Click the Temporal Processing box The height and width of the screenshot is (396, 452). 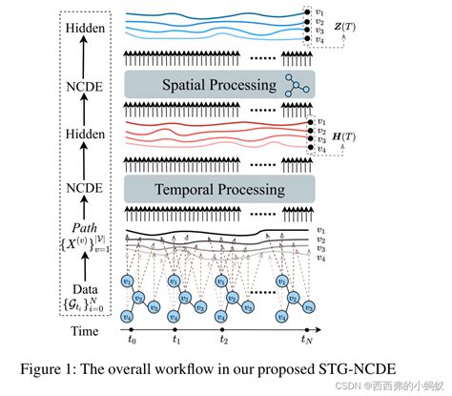coord(219,188)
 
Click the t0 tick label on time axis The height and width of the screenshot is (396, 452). coord(134,339)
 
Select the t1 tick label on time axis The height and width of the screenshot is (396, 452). coord(176,339)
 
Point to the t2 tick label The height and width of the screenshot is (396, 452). coord(222,339)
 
